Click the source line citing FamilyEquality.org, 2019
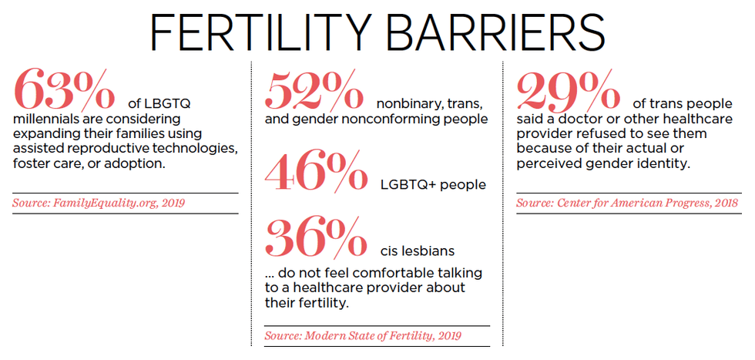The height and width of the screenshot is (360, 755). pos(99,203)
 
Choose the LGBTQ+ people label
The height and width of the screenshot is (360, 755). pos(433,185)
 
